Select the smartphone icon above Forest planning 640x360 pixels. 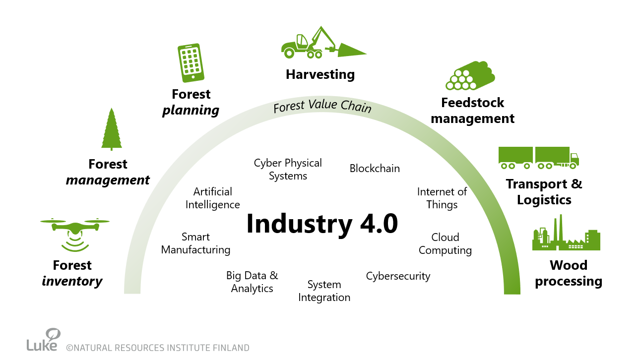pyautogui.click(x=191, y=62)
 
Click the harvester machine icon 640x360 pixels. pyautogui.click(x=322, y=43)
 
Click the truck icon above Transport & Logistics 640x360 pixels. pyautogui.click(x=538, y=157)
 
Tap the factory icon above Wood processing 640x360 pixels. pyautogui.click(x=566, y=234)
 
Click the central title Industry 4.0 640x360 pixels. pyautogui.click(x=322, y=224)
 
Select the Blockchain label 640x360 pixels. pyautogui.click(x=375, y=169)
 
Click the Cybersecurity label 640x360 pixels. pyautogui.click(x=398, y=276)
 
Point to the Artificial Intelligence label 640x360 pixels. pyautogui.click(x=213, y=198)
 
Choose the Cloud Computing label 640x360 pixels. pyautogui.click(x=445, y=243)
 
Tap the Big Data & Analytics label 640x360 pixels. pyautogui.click(x=252, y=282)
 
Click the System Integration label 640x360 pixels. pyautogui.click(x=324, y=291)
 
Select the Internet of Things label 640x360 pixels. pyautogui.click(x=442, y=198)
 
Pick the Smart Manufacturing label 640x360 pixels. pyautogui.click(x=195, y=243)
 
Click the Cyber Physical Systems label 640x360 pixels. pyautogui.click(x=288, y=169)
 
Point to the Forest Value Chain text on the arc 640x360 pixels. pyautogui.click(x=322, y=106)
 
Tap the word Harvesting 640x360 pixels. pyautogui.click(x=320, y=74)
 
